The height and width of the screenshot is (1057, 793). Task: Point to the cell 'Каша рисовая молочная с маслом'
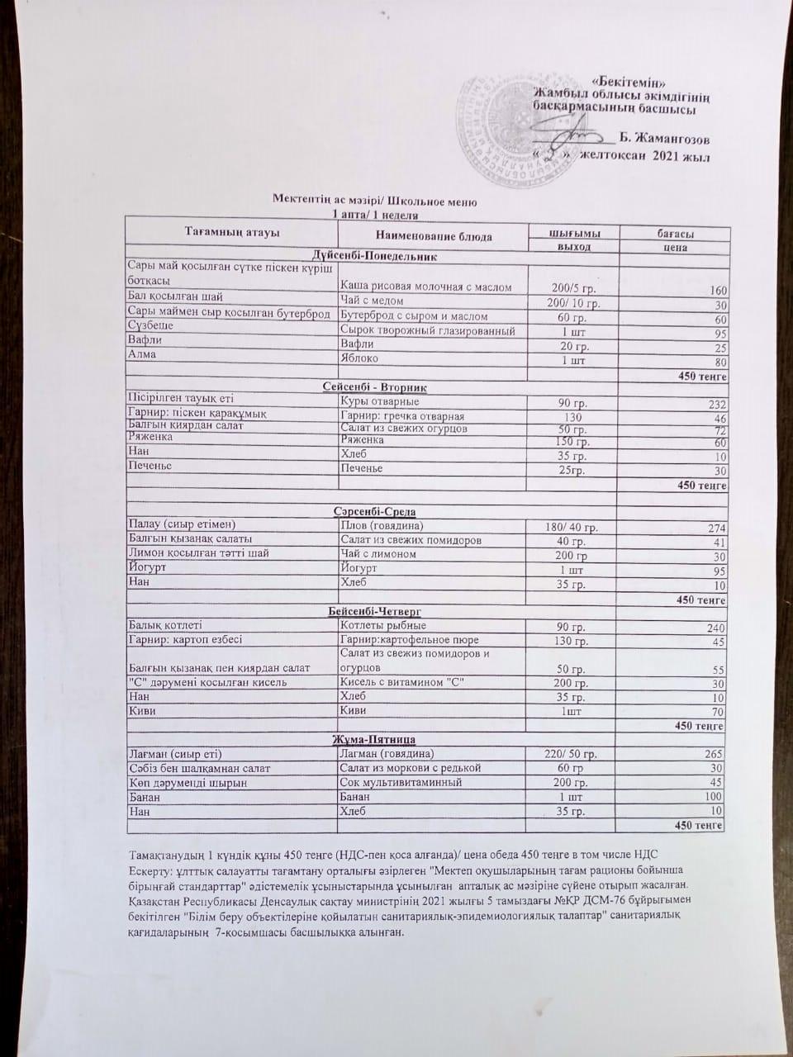(425, 287)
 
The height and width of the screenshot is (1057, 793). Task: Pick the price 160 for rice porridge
(715, 291)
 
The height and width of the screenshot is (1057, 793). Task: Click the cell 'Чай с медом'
(372, 301)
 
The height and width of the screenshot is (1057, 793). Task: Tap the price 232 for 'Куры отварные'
(715, 404)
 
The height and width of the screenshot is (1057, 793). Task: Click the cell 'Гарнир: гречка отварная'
(402, 416)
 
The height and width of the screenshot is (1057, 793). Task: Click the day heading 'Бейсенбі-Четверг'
(370, 610)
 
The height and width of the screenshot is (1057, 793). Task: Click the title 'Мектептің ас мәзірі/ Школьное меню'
(375, 201)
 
